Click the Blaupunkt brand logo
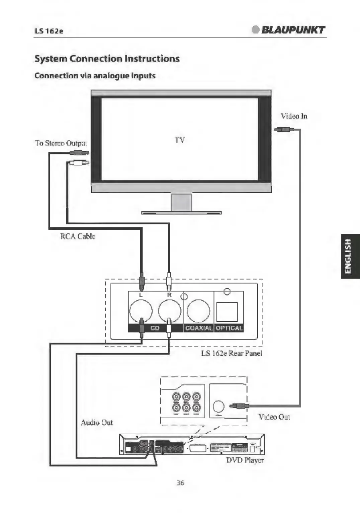tap(288, 30)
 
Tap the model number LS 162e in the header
tap(49, 31)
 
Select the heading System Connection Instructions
tap(107, 59)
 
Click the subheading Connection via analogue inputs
tap(95, 76)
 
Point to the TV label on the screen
tap(180, 140)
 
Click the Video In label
tap(294, 116)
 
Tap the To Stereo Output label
tap(61, 143)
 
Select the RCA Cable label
tap(78, 236)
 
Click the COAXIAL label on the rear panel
tap(199, 328)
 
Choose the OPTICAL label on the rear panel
tap(229, 328)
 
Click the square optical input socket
tap(227, 312)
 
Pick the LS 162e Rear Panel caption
tap(232, 353)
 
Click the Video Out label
tap(274, 417)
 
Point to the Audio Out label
tap(97, 423)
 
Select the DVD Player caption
tap(245, 460)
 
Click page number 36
tap(180, 483)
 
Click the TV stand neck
tap(181, 202)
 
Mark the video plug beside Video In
tap(284, 130)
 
